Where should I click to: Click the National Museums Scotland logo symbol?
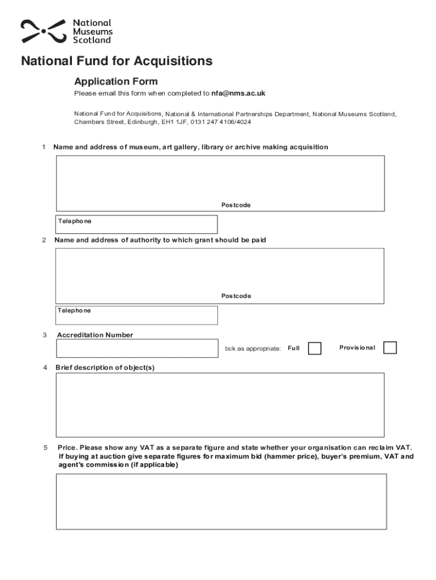[43, 31]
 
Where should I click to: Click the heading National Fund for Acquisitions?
[117, 61]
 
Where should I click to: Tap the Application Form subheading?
[116, 82]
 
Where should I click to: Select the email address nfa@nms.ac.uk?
[238, 93]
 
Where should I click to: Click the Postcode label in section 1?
[236, 205]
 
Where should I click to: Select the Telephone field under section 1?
[136, 224]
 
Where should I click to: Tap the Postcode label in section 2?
[236, 296]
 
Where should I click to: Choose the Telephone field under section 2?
[136, 315]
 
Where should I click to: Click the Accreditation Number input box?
[137, 348]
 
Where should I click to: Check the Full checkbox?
[314, 348]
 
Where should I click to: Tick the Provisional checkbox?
[390, 348]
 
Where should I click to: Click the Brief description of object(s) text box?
[220, 404]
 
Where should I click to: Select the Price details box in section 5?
[221, 501]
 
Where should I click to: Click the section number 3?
[45, 335]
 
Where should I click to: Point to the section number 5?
[45, 448]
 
